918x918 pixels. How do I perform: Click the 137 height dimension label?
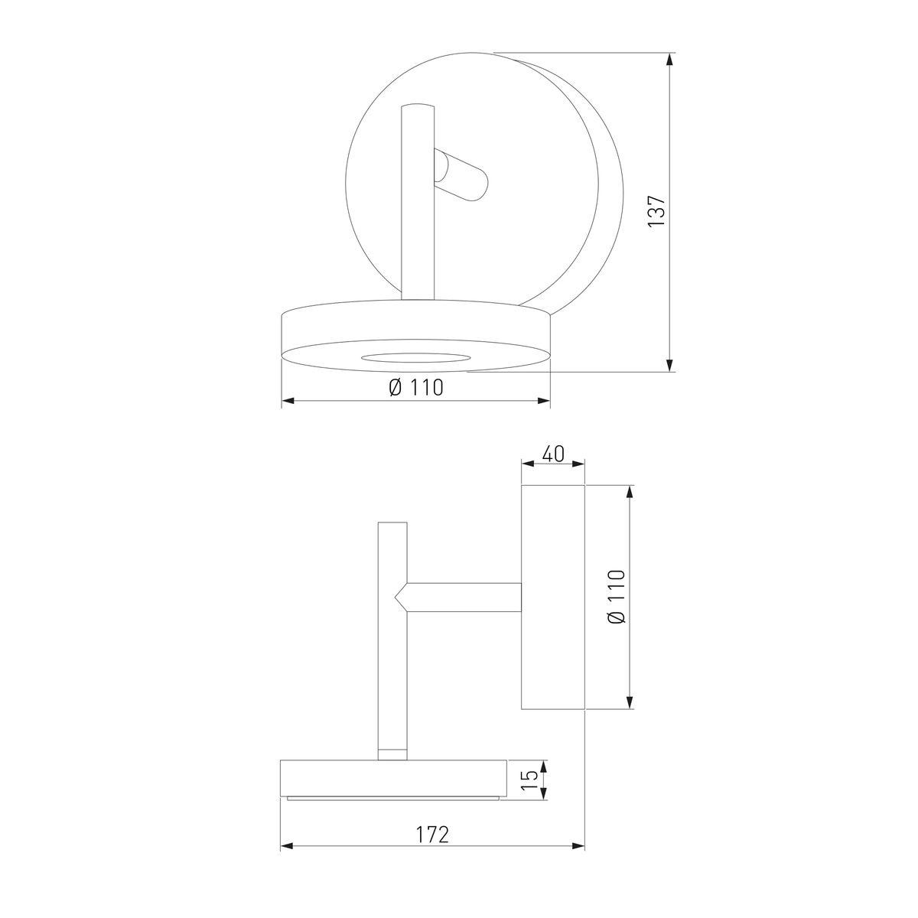click(656, 211)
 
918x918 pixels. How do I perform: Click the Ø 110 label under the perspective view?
click(416, 387)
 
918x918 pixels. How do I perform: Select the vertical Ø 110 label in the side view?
click(617, 597)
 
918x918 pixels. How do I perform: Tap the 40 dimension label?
click(553, 454)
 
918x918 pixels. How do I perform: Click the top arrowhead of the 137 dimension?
click(670, 60)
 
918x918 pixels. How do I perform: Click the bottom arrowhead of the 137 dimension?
click(670, 364)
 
